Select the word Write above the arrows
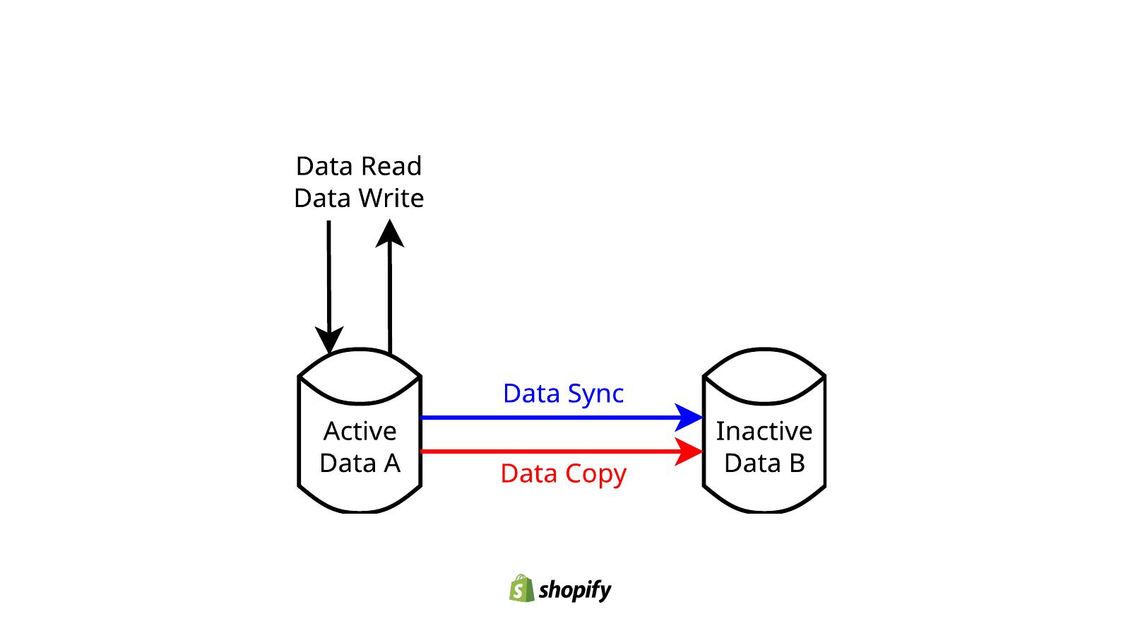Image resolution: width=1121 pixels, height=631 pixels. (391, 199)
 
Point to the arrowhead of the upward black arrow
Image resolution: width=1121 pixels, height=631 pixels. (390, 234)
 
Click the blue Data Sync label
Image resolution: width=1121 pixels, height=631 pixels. (563, 394)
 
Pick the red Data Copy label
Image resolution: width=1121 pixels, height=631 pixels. (563, 474)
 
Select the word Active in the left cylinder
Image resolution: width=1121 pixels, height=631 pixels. (360, 431)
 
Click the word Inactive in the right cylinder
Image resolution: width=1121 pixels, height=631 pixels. (764, 431)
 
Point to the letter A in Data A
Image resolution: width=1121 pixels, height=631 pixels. (391, 464)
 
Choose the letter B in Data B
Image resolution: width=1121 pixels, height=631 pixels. (797, 464)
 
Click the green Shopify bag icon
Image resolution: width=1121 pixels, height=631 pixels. (521, 589)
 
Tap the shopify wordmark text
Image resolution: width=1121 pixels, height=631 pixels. (574, 590)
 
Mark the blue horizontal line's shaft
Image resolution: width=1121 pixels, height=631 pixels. (544, 418)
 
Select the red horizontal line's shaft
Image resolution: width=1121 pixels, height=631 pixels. (544, 452)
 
